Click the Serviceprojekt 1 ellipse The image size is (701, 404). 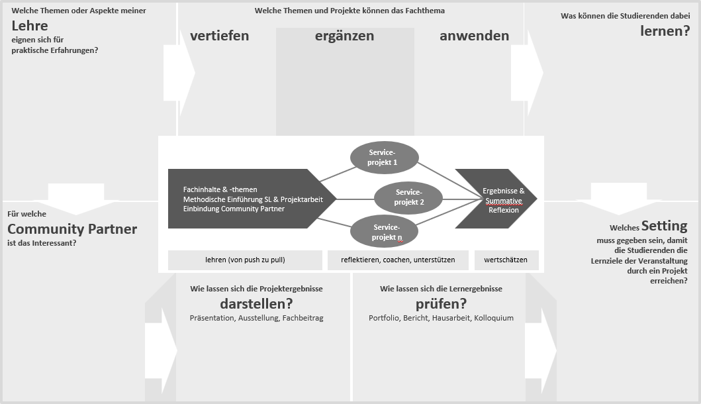384,158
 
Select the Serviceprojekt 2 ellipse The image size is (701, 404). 408,197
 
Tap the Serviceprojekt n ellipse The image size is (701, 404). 384,232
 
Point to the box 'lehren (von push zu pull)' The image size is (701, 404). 245,260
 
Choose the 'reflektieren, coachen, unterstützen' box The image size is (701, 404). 398,260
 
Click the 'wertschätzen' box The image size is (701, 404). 506,260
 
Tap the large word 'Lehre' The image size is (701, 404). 30,26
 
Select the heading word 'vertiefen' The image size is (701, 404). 220,36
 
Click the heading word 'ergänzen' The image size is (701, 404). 344,36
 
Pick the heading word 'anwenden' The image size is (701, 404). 475,36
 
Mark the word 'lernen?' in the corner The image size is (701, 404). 665,31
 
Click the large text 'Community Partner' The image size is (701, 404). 72,229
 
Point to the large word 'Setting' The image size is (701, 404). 665,226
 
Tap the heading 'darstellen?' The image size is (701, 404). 256,304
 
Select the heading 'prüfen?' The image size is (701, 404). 441,304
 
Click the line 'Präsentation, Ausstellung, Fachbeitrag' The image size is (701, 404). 256,318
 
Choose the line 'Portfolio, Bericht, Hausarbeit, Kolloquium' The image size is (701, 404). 441,318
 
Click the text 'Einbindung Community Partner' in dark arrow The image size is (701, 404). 234,209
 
